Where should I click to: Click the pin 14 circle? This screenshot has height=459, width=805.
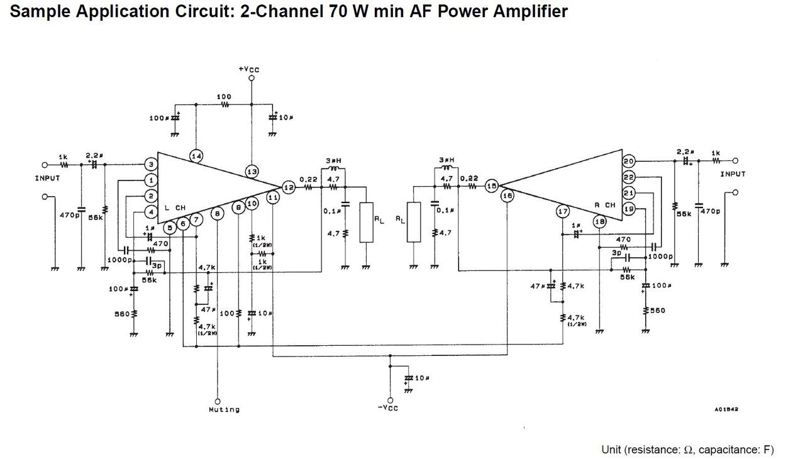[x=196, y=156]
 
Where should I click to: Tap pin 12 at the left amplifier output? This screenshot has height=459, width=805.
[x=288, y=187]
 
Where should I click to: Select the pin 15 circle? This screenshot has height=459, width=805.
[x=491, y=186]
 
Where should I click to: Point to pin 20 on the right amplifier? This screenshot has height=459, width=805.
[x=629, y=161]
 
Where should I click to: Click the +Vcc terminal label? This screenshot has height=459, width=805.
[x=249, y=69]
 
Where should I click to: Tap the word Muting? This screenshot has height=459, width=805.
[x=224, y=410]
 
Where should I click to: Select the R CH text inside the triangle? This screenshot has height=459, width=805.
[x=606, y=205]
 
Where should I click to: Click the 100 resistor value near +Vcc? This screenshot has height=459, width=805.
[x=224, y=97]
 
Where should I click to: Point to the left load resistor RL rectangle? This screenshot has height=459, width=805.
[x=367, y=223]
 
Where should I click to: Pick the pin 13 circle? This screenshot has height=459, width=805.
[x=252, y=171]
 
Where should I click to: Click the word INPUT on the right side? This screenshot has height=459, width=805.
[x=733, y=174]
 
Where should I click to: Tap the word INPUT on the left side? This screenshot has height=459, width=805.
[x=47, y=179]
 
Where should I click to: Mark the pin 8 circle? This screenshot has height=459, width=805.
[x=217, y=214]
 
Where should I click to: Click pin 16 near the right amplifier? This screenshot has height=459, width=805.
[x=508, y=196]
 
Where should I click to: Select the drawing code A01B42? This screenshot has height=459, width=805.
[x=726, y=409]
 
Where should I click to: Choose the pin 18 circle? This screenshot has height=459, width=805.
[x=600, y=221]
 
